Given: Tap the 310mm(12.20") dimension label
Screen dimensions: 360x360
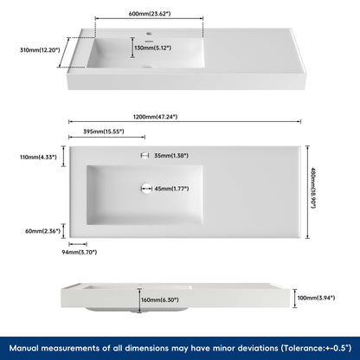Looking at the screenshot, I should pyautogui.click(x=41, y=50).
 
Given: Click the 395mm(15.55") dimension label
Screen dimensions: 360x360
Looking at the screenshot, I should pyautogui.click(x=103, y=132).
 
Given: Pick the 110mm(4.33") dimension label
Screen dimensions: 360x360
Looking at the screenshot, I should pyautogui.click(x=38, y=157).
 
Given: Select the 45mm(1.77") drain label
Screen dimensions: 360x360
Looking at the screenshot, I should pyautogui.click(x=173, y=188).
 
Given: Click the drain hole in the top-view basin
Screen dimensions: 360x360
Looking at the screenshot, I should pyautogui.click(x=145, y=188).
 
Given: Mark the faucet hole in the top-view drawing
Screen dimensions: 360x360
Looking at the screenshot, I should pyautogui.click(x=145, y=156).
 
